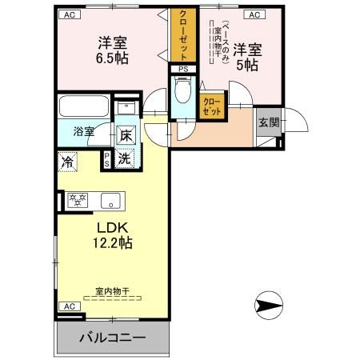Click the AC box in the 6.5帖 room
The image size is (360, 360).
click(70, 14)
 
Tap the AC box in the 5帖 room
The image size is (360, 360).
click(254, 14)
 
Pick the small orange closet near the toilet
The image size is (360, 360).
click(212, 106)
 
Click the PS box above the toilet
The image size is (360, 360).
click(183, 69)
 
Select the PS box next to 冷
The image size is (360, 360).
click(106, 160)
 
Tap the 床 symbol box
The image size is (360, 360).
click(126, 135)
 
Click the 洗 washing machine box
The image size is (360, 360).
click(126, 158)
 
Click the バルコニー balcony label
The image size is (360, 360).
click(112, 338)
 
